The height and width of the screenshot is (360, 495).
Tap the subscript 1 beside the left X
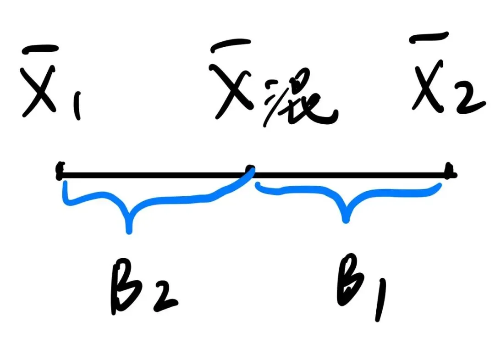[x=77, y=107]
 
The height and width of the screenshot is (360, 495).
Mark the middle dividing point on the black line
[x=250, y=172]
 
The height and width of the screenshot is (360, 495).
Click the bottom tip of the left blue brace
[x=129, y=230]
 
